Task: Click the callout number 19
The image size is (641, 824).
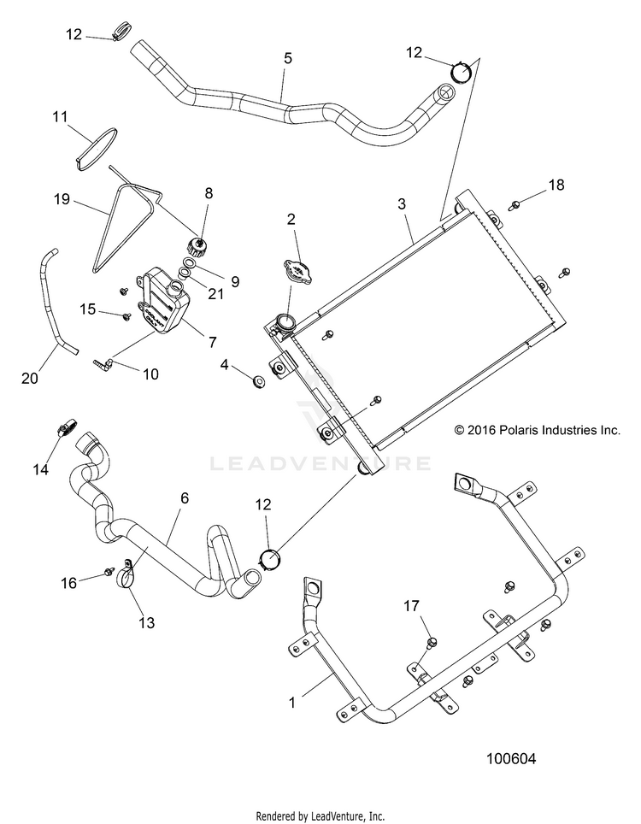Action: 62,199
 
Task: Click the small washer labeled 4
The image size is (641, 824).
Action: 258,382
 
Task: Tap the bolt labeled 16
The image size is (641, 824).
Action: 109,570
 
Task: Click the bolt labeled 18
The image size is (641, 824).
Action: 515,204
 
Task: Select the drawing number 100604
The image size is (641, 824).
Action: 511,759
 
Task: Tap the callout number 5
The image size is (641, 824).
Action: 287,58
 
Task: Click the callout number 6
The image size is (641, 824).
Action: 185,497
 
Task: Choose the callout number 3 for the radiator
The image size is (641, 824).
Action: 402,203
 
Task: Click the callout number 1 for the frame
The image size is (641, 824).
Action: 292,702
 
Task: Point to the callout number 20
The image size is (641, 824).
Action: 29,378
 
